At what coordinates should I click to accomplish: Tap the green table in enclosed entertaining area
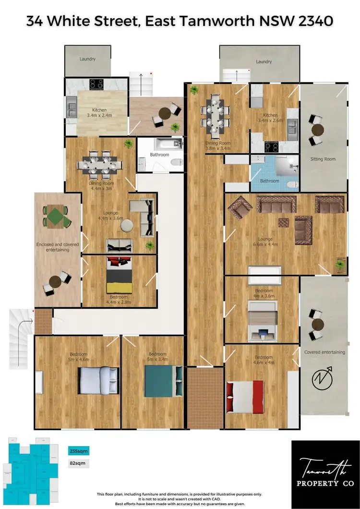coord(55,215)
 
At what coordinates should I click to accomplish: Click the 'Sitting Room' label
coord(323,159)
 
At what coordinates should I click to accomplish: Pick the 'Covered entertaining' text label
coord(324,352)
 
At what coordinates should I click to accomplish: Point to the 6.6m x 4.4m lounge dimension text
coord(265,244)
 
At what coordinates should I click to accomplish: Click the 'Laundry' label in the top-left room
coord(87,59)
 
